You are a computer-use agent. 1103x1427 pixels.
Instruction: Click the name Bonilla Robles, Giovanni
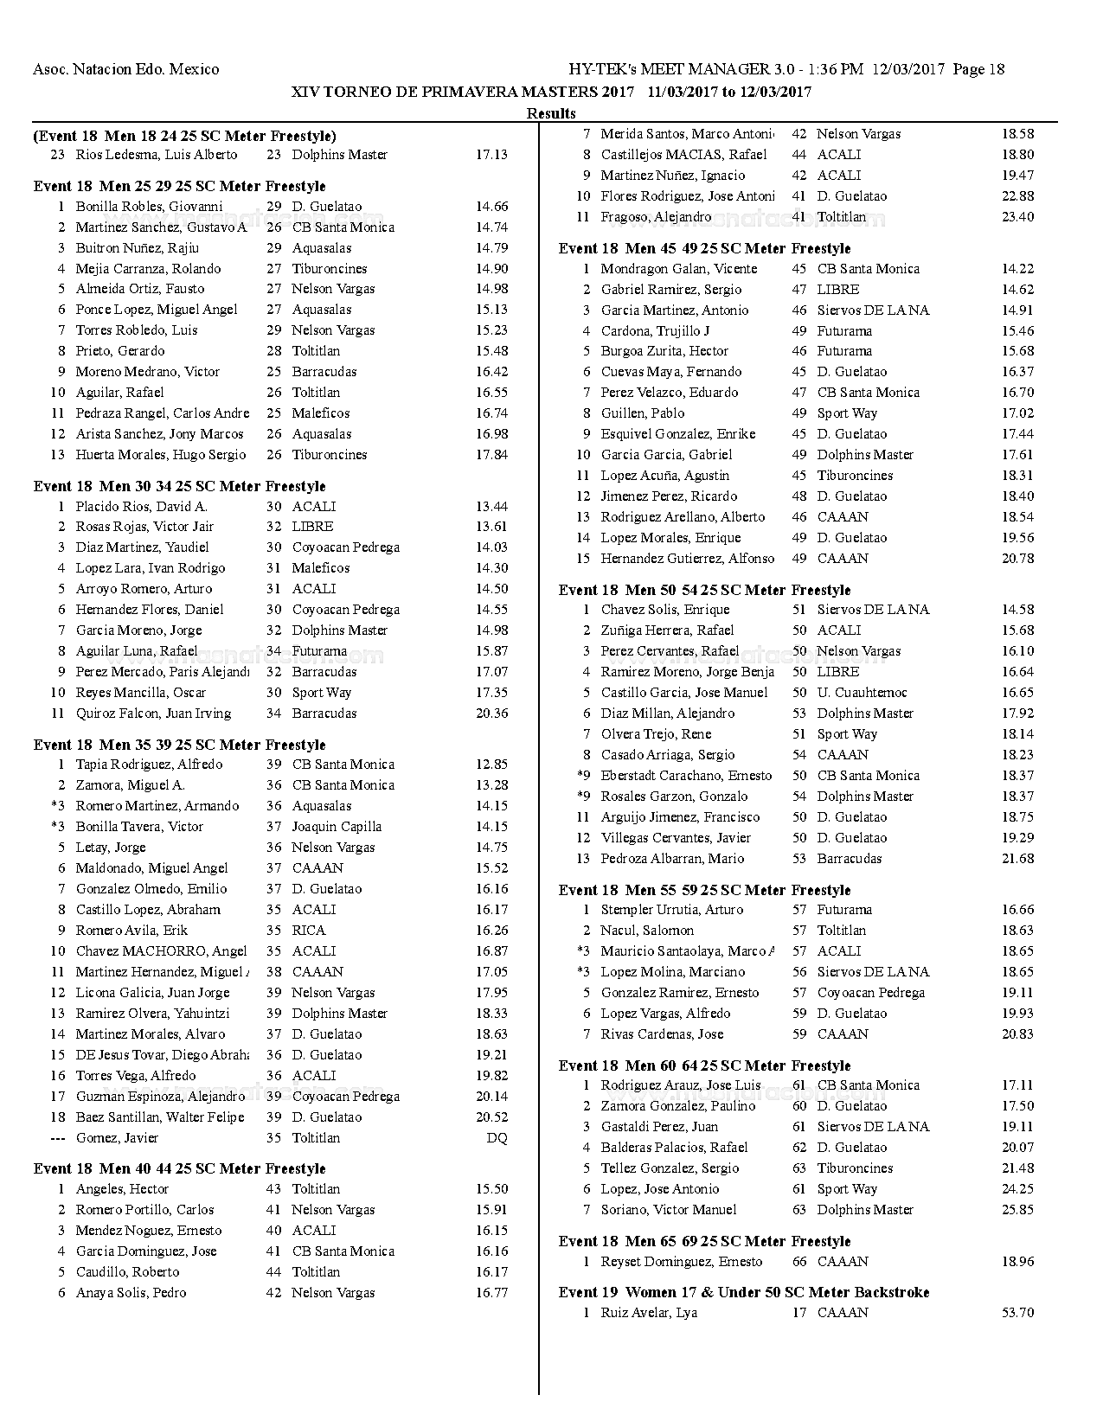[149, 207]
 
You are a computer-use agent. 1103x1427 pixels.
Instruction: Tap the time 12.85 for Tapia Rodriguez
[491, 765]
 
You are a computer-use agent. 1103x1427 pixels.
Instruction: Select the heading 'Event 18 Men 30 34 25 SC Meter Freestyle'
[179, 486]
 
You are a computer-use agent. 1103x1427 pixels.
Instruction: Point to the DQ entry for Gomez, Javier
[497, 1138]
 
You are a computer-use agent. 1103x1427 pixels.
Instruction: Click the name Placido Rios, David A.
[141, 507]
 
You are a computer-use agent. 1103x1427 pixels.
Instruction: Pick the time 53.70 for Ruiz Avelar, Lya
[1017, 1313]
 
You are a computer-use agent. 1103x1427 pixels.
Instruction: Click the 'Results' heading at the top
[551, 112]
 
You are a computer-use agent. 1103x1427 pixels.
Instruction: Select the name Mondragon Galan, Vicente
[679, 269]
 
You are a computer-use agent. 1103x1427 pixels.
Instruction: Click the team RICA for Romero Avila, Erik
[308, 931]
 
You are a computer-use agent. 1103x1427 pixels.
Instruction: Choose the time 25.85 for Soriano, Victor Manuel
[1017, 1210]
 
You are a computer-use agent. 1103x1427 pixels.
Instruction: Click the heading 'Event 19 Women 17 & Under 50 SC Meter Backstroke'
[744, 1292]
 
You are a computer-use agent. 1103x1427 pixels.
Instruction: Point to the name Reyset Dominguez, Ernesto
[682, 1262]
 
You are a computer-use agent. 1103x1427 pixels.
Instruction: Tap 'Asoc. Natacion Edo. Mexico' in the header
[125, 69]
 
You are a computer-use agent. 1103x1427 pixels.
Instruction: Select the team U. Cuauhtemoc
[862, 693]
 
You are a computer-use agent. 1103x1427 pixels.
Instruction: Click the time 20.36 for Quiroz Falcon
[491, 713]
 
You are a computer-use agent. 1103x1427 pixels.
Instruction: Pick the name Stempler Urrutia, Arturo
[672, 910]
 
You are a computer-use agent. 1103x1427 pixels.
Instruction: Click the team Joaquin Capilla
[336, 827]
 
